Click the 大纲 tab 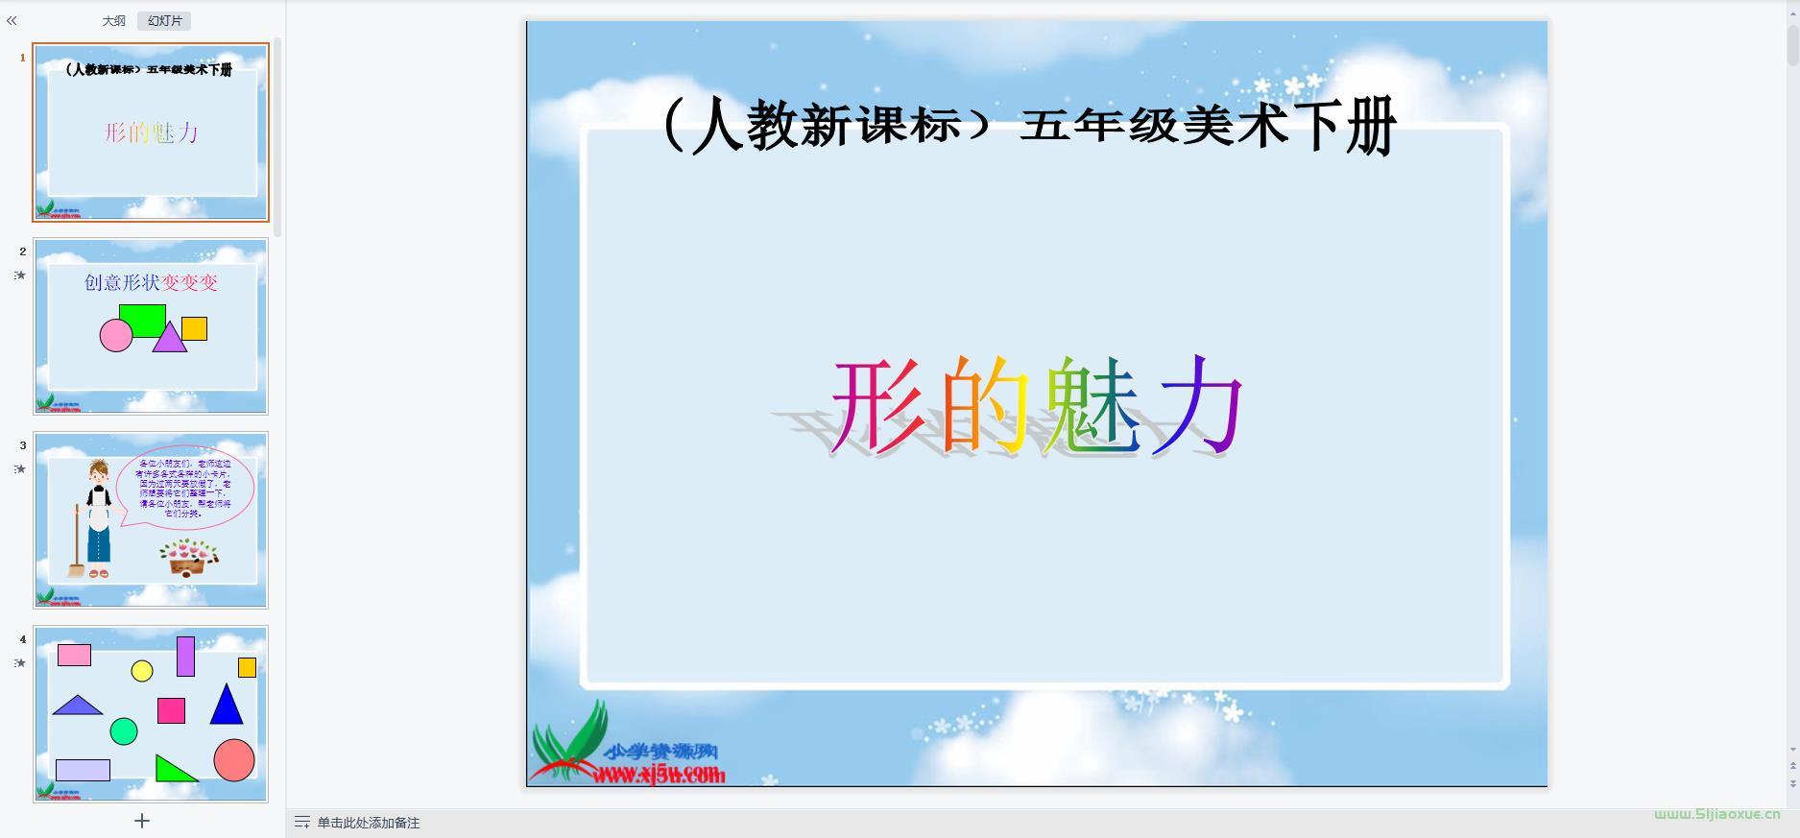click(114, 21)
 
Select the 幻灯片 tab click(164, 21)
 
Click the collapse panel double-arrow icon click(12, 20)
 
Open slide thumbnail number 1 click(151, 132)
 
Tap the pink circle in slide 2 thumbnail click(115, 336)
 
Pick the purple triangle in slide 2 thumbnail click(169, 339)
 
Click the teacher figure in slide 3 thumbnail click(97, 518)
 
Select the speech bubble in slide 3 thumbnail click(185, 488)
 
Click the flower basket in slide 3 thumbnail click(189, 556)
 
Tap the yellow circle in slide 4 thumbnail click(142, 671)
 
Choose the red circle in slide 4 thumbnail click(234, 760)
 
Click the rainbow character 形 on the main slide click(877, 406)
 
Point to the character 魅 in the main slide click(1092, 406)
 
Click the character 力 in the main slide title click(1201, 406)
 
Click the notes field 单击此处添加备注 click(369, 823)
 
